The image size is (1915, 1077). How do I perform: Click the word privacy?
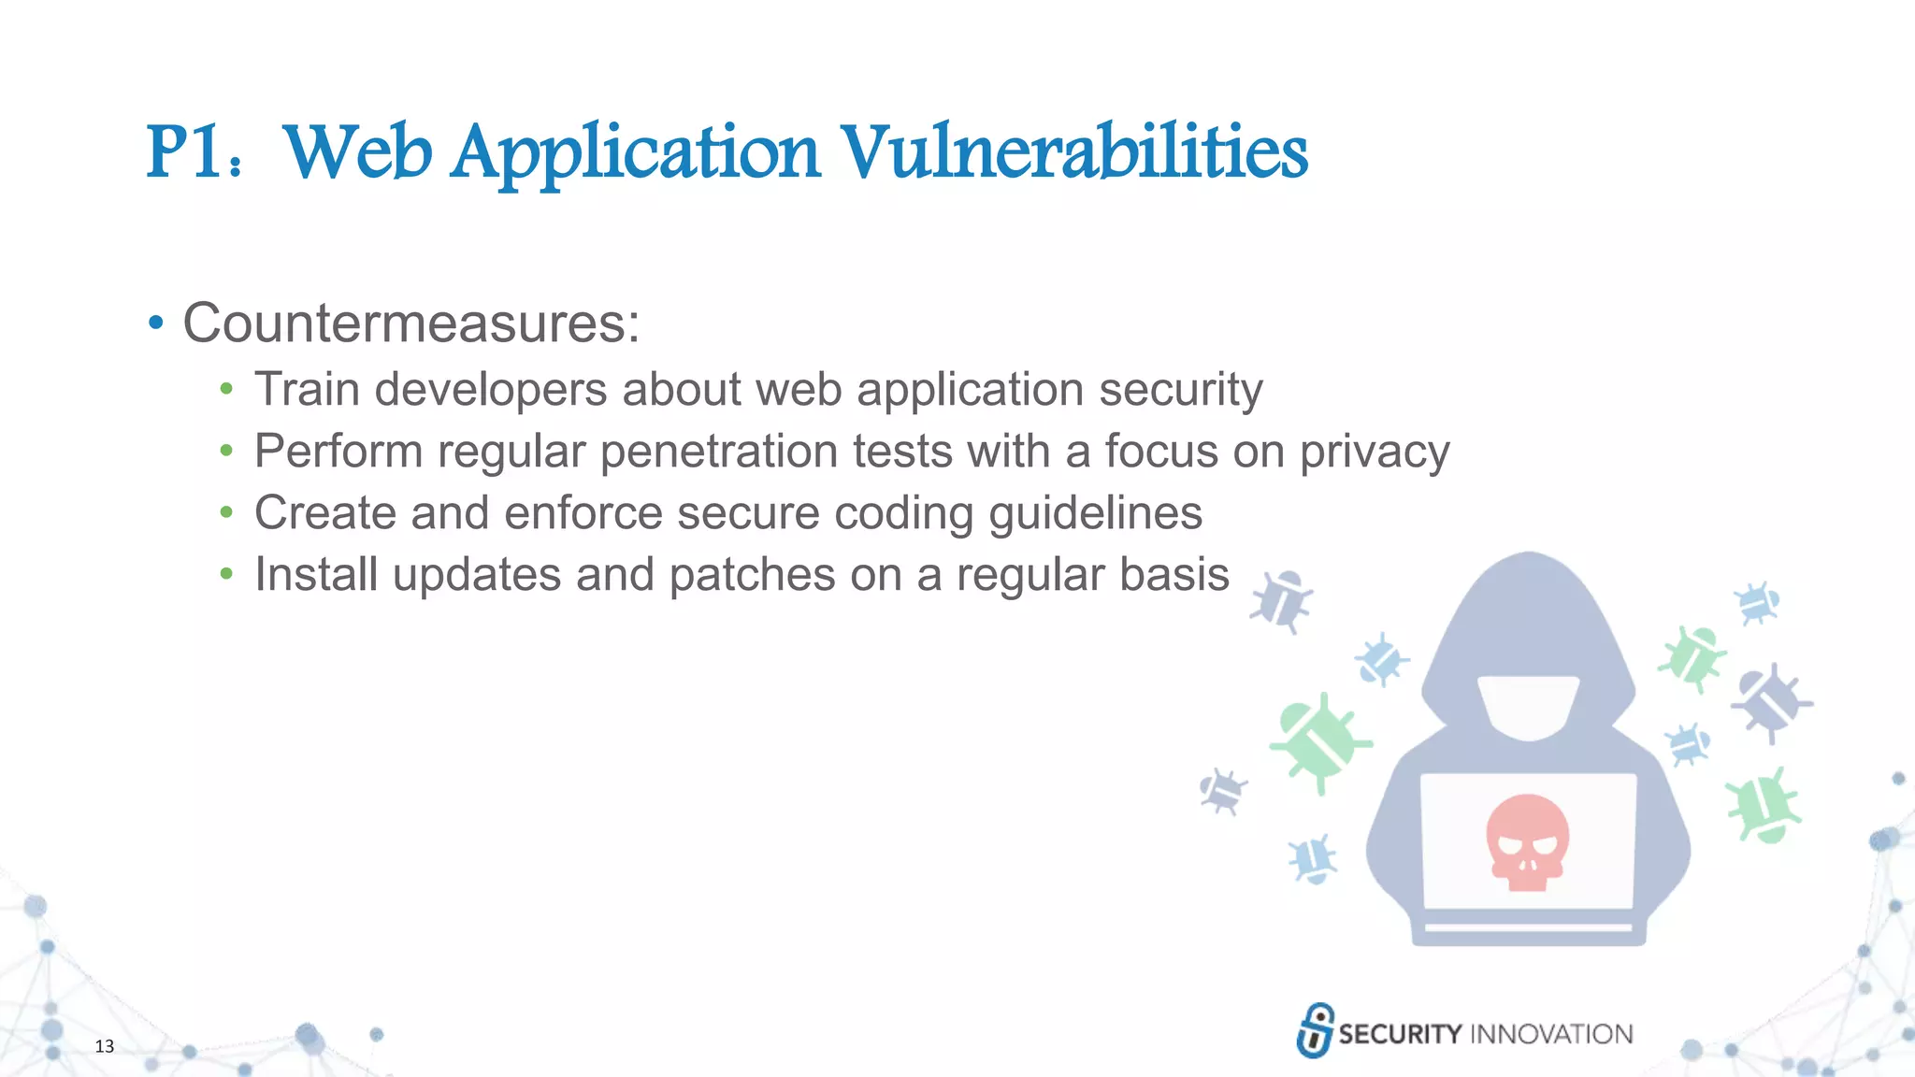pyautogui.click(x=1374, y=452)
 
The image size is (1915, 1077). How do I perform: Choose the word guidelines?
pyautogui.click(x=1095, y=513)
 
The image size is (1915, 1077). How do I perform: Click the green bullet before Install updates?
pyautogui.click(x=226, y=574)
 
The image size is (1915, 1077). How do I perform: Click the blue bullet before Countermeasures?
pyautogui.click(x=156, y=323)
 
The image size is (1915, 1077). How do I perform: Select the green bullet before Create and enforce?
pyautogui.click(x=226, y=512)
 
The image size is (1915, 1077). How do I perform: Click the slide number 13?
pyautogui.click(x=104, y=1046)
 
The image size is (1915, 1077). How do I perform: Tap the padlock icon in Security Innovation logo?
pyautogui.click(x=1315, y=1030)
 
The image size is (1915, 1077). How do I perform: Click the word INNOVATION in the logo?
pyautogui.click(x=1551, y=1034)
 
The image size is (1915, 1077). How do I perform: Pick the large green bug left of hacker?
pyautogui.click(x=1318, y=742)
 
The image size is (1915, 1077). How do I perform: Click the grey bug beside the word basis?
pyautogui.click(x=1282, y=601)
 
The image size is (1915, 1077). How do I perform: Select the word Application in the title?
pyautogui.click(x=636, y=153)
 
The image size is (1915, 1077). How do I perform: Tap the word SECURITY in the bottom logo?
pyautogui.click(x=1400, y=1034)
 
